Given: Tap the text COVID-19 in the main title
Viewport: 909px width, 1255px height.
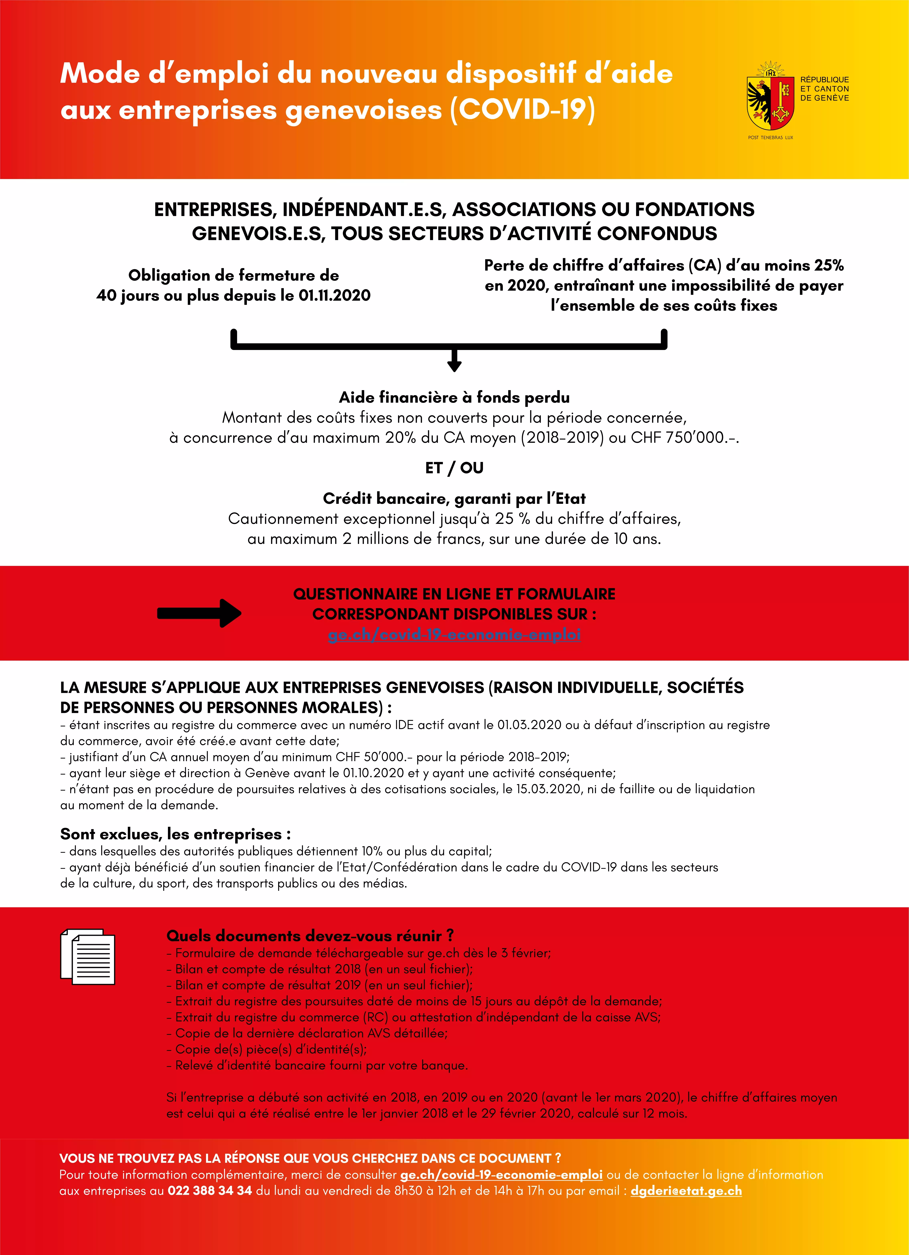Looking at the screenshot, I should pos(523,109).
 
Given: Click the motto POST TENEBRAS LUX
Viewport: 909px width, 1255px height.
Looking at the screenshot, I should pos(770,137).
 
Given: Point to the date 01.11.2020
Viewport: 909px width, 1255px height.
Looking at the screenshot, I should pos(334,296).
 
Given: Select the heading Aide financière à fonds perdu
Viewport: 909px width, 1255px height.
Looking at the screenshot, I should pos(454,397).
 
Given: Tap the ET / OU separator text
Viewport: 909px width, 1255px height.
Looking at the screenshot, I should pos(454,468).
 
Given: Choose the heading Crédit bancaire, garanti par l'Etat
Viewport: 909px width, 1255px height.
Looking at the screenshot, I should pos(454,499).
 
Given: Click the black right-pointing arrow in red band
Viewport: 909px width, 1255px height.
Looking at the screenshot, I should pos(199,613).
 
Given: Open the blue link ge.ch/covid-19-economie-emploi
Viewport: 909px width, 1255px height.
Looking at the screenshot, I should pos(454,635).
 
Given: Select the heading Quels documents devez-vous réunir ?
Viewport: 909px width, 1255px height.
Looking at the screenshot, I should pos(310,936).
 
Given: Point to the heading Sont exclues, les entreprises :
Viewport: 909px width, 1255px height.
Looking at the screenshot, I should pos(175,834).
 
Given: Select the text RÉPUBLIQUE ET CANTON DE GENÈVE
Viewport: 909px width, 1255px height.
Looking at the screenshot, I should pos(824,89).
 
